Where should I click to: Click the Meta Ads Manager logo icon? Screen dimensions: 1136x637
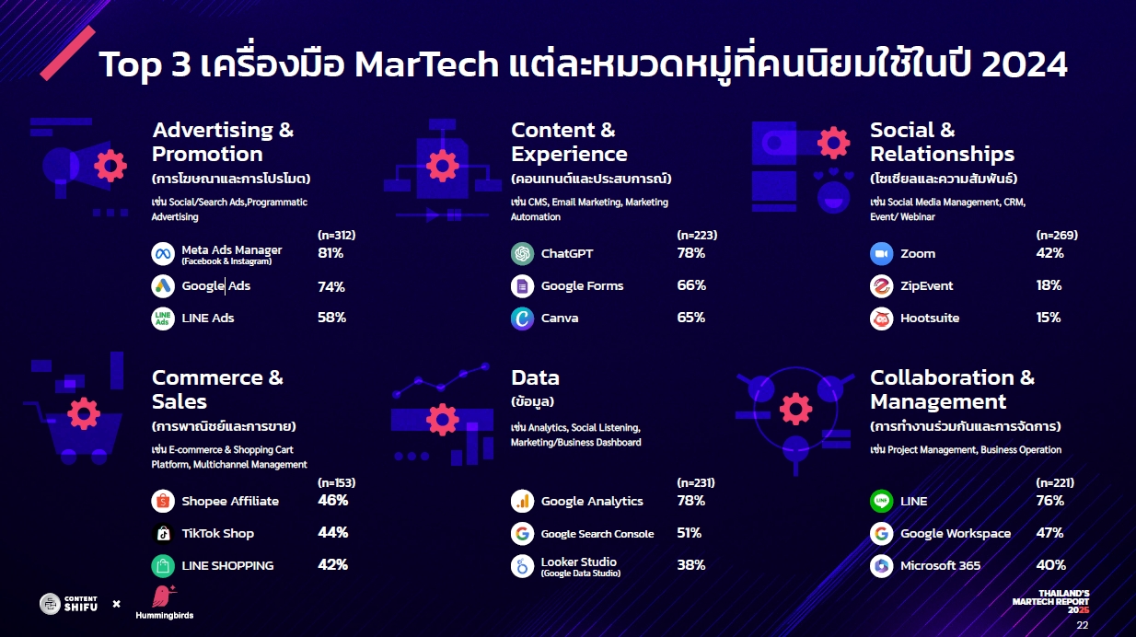163,253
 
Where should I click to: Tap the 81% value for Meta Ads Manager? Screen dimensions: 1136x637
330,253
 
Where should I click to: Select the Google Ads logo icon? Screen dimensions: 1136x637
163,286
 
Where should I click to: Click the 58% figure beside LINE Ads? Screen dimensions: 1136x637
331,318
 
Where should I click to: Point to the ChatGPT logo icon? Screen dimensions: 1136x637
522,253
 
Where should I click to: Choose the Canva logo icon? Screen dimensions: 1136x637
522,318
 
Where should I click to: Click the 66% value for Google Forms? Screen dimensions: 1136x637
691,285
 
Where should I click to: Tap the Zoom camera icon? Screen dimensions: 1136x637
881,253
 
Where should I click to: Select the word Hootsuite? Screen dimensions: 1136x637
930,318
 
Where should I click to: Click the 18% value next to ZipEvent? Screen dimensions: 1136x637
1049,285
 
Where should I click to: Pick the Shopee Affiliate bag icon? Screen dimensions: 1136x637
163,501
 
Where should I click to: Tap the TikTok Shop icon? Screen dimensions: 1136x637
163,534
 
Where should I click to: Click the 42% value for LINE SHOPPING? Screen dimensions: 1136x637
332,565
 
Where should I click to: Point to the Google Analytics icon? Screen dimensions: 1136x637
522,501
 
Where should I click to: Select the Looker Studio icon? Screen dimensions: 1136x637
522,566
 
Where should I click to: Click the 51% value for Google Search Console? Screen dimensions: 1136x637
690,533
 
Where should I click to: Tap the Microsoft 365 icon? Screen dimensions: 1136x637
881,566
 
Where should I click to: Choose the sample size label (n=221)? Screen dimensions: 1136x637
1055,483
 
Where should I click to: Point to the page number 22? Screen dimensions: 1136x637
1083,625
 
